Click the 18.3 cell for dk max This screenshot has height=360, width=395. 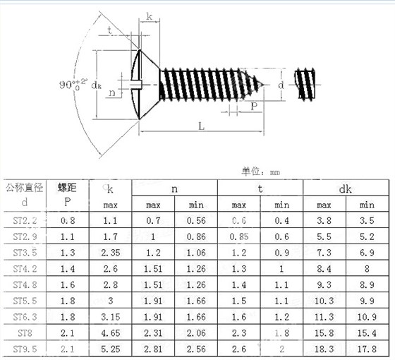(324, 349)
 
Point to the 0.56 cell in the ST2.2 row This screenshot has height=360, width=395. (196, 220)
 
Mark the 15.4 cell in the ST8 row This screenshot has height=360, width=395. (367, 333)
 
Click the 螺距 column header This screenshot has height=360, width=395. (67, 188)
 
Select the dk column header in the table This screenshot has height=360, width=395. (345, 188)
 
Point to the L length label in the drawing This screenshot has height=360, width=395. (201, 126)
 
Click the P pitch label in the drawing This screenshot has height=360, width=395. (253, 106)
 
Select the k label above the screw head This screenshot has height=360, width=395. (150, 16)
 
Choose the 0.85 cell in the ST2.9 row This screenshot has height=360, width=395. (239, 236)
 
